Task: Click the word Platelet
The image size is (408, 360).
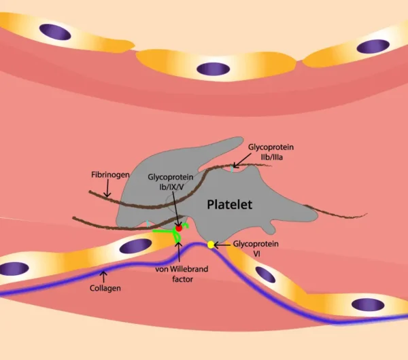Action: [x=230, y=204]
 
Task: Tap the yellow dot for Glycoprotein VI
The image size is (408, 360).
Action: [x=211, y=244]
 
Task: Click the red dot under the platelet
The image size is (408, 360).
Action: [x=179, y=228]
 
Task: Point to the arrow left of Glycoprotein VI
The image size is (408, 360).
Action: [x=222, y=244]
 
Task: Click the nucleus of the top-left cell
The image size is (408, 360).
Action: [x=54, y=31]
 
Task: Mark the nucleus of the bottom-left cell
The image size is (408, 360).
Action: [x=13, y=269]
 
